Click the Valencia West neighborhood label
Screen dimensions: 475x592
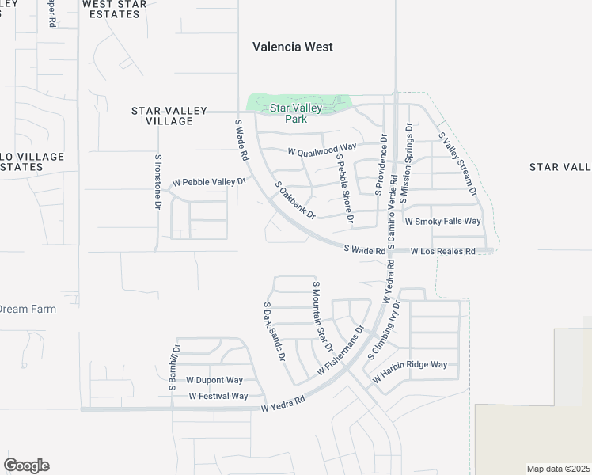tap(292, 47)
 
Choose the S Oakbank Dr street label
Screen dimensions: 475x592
tap(295, 200)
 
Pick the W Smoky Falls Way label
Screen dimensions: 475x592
tap(442, 222)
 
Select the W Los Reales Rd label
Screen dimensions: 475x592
tap(442, 251)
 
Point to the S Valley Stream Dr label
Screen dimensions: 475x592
tap(457, 165)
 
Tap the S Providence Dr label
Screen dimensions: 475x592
tap(382, 162)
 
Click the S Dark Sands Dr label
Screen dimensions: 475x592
tap(273, 331)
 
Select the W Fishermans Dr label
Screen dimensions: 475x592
tap(340, 351)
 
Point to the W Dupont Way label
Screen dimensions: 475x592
tap(214, 380)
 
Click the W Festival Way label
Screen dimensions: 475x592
tap(218, 396)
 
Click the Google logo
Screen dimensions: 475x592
tap(26, 465)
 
